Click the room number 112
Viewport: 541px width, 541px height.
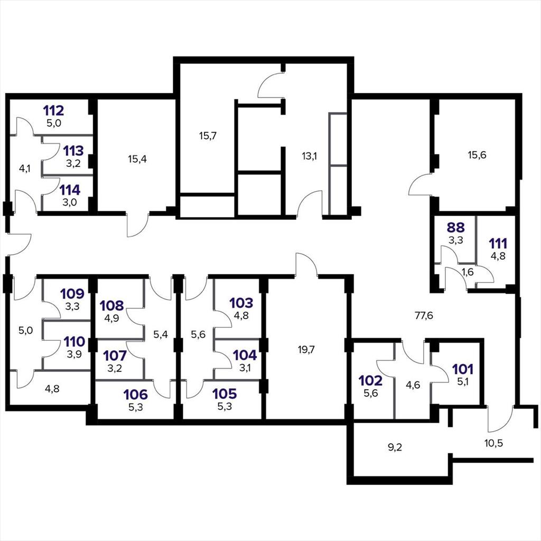click(53, 111)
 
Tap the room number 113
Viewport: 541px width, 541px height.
click(73, 151)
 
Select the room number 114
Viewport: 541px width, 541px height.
click(70, 190)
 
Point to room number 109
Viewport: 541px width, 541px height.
click(72, 294)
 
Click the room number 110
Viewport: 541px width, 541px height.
click(74, 342)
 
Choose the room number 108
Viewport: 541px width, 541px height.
click(112, 305)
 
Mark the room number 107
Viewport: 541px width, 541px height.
click(115, 356)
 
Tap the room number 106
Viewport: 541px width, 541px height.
click(136, 394)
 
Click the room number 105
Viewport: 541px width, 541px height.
click(225, 394)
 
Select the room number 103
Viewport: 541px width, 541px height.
click(241, 303)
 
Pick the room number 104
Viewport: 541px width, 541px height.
click(245, 355)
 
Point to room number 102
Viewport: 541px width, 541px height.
click(370, 380)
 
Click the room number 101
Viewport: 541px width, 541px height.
click(463, 369)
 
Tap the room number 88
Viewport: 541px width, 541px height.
click(456, 228)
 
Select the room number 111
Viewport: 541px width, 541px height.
click(498, 244)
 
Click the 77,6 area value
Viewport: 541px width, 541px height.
click(424, 316)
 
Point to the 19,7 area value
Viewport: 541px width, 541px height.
click(306, 350)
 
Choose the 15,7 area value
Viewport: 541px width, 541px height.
click(208, 136)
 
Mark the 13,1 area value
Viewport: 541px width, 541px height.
click(309, 156)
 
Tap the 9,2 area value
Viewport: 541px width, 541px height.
click(395, 447)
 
